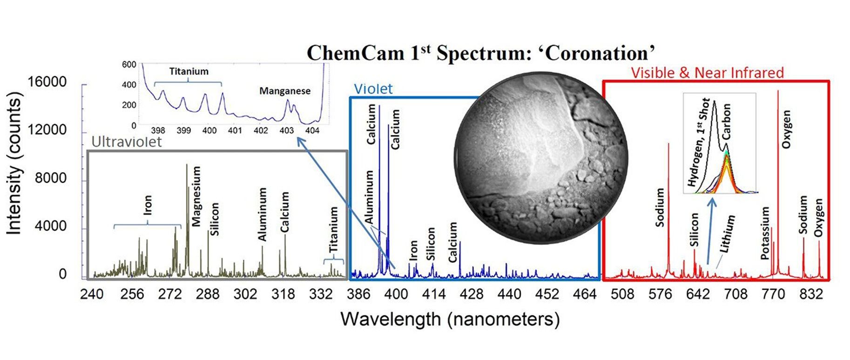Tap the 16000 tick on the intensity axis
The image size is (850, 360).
47,82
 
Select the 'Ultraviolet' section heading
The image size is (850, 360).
127,142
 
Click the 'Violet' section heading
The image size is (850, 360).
373,88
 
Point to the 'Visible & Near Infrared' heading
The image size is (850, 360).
707,73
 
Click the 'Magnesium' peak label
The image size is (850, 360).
196,197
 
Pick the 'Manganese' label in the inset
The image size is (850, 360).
285,91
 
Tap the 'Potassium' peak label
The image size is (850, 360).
765,233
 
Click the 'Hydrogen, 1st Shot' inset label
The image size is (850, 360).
699,143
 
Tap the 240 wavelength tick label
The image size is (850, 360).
92,294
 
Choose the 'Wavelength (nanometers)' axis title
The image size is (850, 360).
450,319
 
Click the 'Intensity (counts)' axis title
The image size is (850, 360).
14,163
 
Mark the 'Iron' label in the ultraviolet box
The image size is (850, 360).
148,205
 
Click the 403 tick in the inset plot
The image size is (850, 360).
286,131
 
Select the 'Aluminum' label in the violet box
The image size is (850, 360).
369,197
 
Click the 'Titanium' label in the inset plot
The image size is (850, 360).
189,71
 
